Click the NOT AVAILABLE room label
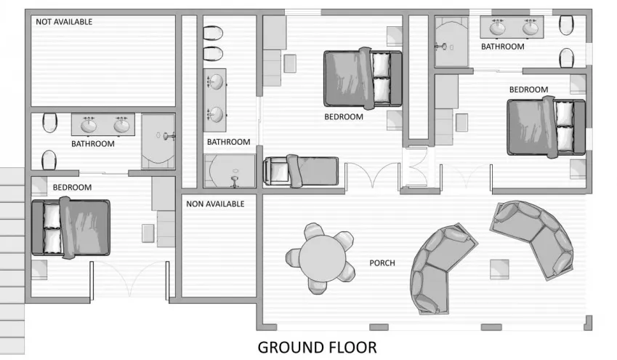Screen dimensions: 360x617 coord(64,22)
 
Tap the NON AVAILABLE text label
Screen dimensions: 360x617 coord(215,204)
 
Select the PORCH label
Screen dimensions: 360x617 coord(382,263)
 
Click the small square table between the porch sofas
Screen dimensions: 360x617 coord(499,268)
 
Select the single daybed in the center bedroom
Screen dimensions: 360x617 coord(300,171)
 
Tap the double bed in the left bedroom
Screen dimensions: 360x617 coord(70,228)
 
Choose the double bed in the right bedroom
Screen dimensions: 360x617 coord(546,127)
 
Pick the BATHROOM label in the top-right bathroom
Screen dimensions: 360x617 coord(502,47)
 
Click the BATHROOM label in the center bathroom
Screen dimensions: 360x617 coord(228,142)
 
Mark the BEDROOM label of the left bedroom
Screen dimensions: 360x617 coord(72,188)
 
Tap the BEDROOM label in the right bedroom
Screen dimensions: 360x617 coord(528,89)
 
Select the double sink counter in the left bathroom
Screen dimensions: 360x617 coord(103,124)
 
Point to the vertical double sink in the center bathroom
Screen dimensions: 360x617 coord(214,97)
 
